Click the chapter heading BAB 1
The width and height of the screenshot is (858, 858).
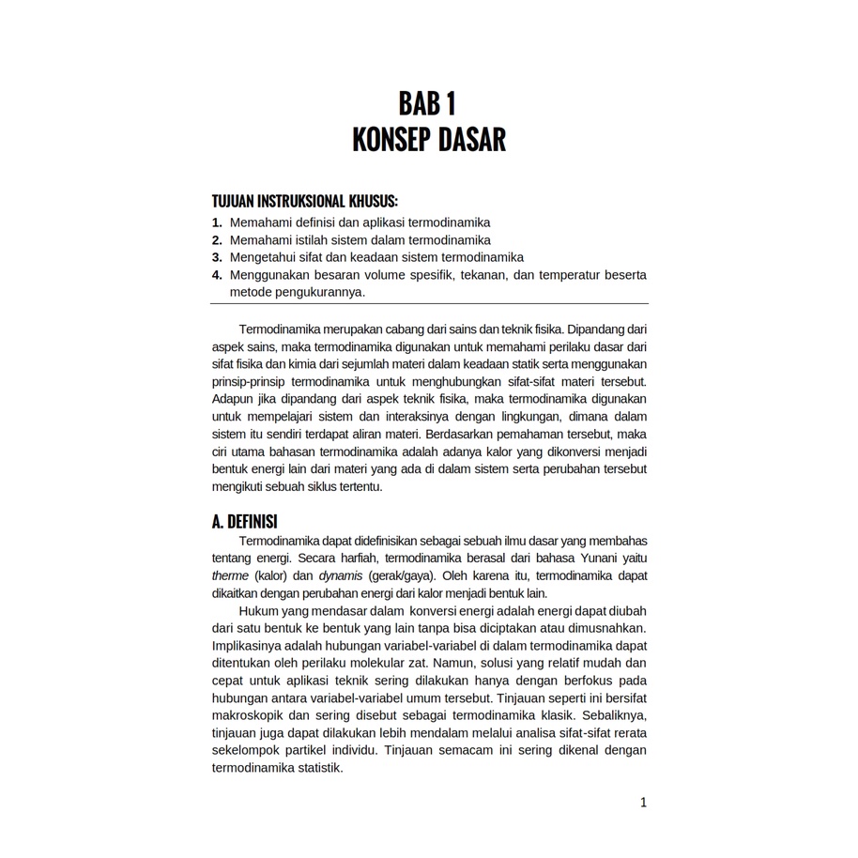click(428, 102)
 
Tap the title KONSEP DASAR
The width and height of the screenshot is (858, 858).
click(428, 140)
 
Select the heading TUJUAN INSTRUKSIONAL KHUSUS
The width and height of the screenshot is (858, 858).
click(304, 202)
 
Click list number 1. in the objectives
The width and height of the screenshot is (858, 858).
click(217, 222)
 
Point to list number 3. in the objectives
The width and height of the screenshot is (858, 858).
click(217, 257)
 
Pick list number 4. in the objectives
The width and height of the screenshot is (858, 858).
click(217, 275)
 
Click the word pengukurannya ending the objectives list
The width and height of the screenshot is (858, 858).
click(321, 292)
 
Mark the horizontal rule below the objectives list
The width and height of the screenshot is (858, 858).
click(430, 303)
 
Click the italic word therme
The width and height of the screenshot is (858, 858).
click(230, 575)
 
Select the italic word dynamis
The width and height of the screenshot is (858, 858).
click(340, 575)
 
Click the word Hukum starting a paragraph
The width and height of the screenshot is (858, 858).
click(257, 611)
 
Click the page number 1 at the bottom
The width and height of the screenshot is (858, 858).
click(643, 802)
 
